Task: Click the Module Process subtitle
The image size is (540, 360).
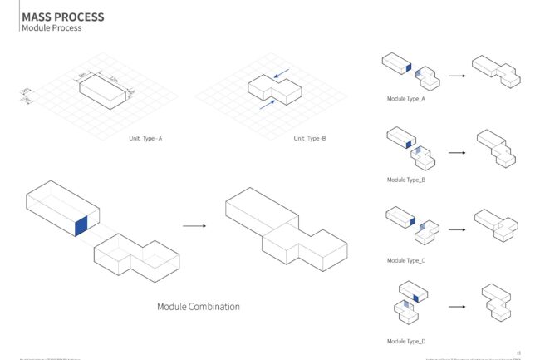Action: point(52,28)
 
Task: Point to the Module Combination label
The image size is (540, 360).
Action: point(199,307)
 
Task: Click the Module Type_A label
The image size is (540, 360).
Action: point(406,99)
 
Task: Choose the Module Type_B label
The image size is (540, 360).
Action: point(406,180)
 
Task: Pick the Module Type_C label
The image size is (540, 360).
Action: point(406,260)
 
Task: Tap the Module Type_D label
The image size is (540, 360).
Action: point(406,341)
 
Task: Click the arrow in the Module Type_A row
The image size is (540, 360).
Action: point(456,75)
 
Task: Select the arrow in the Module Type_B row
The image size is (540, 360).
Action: point(456,153)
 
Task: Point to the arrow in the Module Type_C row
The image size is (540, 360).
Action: point(456,226)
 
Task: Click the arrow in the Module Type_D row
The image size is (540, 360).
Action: point(456,307)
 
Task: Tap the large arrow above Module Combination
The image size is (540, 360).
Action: point(194,225)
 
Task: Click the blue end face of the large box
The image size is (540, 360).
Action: point(81,225)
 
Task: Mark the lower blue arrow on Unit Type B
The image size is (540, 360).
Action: point(266,105)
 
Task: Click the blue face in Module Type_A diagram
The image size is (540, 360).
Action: point(408,70)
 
